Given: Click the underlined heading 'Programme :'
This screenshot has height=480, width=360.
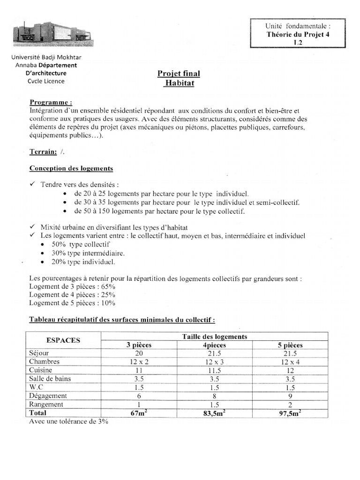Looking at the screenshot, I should click(x=51, y=103).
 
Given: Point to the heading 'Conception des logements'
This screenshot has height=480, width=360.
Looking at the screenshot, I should click(x=71, y=168).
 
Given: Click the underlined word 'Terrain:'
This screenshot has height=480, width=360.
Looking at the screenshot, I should click(x=44, y=151).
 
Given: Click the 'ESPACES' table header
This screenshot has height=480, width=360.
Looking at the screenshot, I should click(x=63, y=340).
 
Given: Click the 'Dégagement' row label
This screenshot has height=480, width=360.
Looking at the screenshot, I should click(x=48, y=396).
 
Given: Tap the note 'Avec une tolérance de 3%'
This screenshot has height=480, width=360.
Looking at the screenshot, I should click(x=68, y=421).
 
